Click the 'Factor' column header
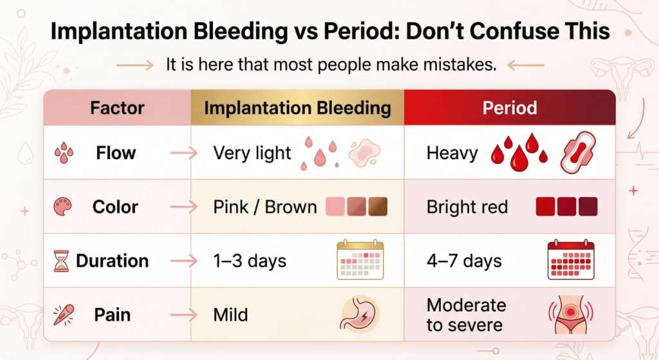click(x=117, y=108)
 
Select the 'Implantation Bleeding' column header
click(x=297, y=108)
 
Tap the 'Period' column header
click(x=510, y=108)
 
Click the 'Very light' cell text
click(x=252, y=153)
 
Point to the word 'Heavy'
click(x=452, y=153)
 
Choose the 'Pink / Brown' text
click(x=265, y=207)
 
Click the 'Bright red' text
click(x=467, y=207)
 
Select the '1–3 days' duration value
click(x=250, y=261)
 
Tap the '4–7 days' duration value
click(x=464, y=261)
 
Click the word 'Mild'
click(x=230, y=316)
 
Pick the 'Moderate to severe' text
click(x=466, y=315)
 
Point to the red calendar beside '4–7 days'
click(x=570, y=260)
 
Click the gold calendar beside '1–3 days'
click(x=360, y=260)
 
